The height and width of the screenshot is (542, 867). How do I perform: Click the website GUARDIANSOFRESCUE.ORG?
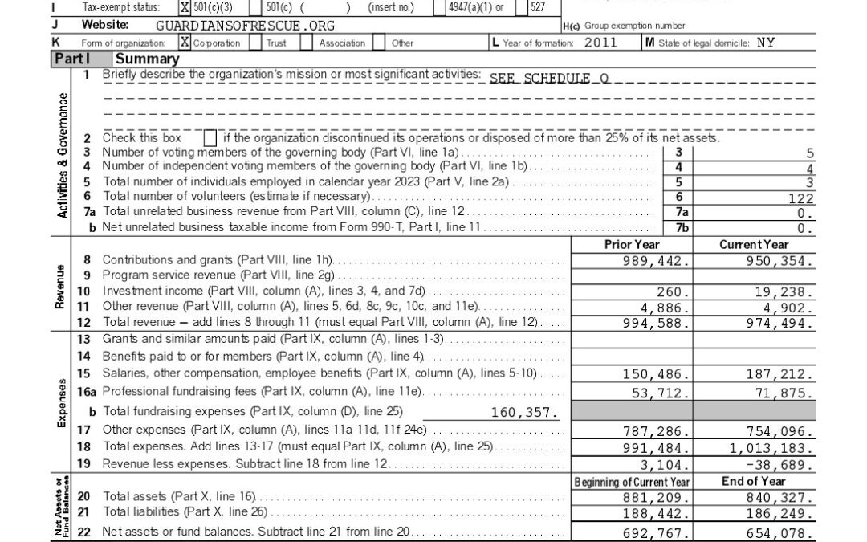245,26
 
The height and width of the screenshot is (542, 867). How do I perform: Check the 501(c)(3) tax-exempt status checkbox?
185,7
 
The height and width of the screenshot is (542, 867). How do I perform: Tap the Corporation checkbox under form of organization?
185,43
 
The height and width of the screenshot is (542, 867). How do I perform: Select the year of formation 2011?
600,43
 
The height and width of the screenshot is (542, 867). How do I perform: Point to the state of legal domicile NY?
766,43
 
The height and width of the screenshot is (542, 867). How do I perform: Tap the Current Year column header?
754,244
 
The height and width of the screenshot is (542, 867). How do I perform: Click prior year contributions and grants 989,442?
656,261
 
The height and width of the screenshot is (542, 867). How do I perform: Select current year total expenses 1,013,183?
771,448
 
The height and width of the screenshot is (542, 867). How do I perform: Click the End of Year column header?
754,481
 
